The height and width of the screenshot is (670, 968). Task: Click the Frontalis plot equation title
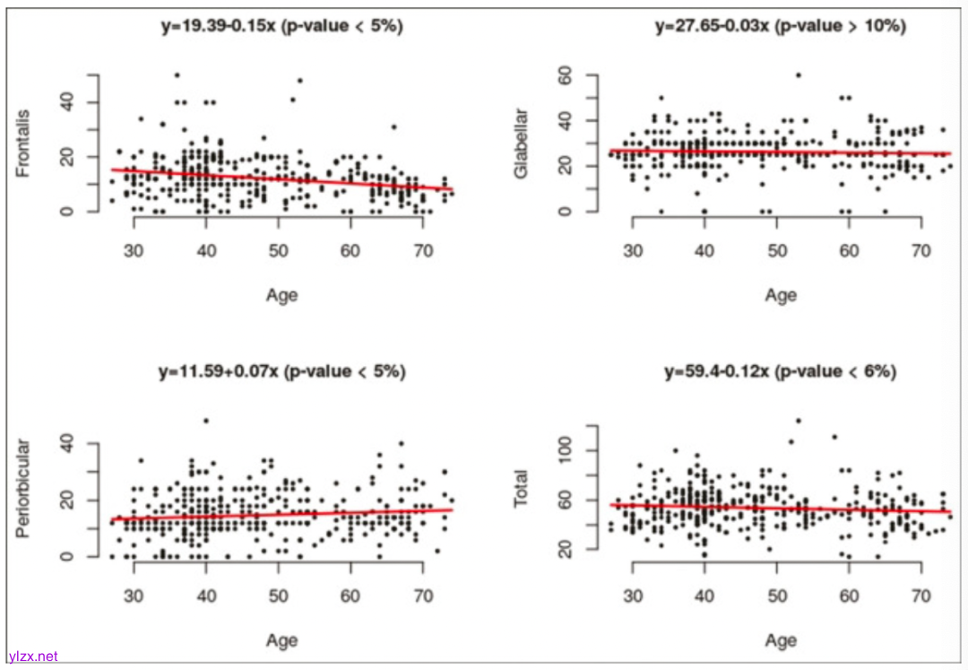point(281,27)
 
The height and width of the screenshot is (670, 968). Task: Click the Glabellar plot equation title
point(781,27)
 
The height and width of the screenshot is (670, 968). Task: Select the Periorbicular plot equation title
point(281,371)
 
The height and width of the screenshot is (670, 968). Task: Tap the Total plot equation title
point(781,371)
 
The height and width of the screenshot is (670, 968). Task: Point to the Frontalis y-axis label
point(23,144)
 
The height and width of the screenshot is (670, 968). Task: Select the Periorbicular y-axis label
point(23,488)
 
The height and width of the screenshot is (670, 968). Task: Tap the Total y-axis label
point(523,489)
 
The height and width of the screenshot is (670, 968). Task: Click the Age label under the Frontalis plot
point(281,296)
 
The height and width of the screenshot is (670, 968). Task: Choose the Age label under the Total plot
point(781,640)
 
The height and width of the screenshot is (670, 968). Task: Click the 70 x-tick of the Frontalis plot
point(423,248)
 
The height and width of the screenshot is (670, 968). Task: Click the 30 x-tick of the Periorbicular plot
point(134,594)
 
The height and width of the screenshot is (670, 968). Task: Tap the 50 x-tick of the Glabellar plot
point(777,248)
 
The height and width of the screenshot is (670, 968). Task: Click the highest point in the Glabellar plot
point(799,75)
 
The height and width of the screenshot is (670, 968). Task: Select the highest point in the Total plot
point(799,421)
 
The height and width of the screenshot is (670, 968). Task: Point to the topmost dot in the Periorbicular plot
point(206,421)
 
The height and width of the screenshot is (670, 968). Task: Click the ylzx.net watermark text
point(33,657)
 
